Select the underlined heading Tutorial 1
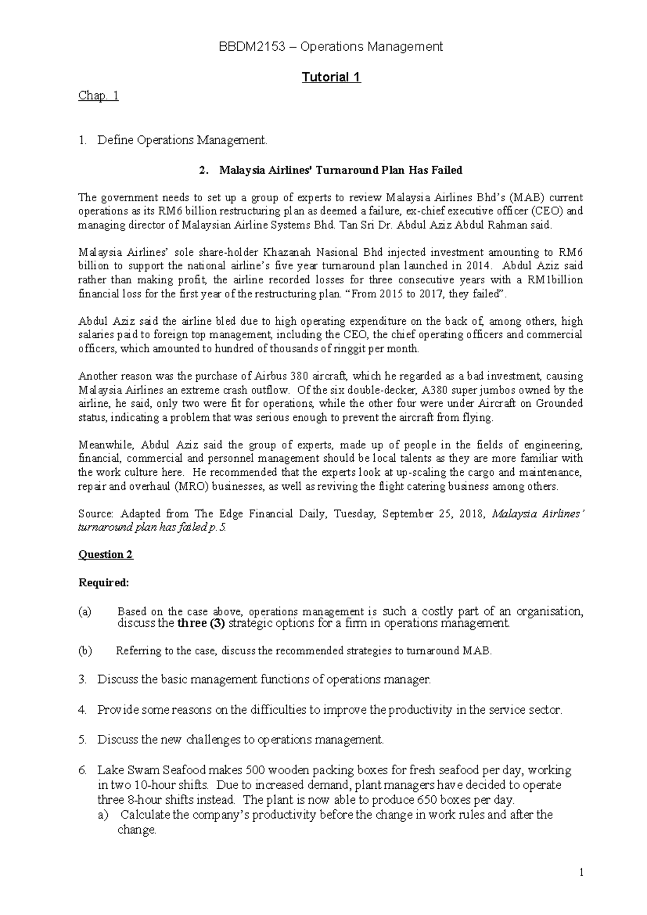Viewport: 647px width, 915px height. point(331,77)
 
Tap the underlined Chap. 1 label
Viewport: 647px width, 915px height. point(98,95)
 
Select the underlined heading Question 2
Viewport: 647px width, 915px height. point(106,555)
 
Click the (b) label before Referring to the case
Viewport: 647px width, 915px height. point(85,651)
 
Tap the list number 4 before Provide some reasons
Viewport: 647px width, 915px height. point(82,710)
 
